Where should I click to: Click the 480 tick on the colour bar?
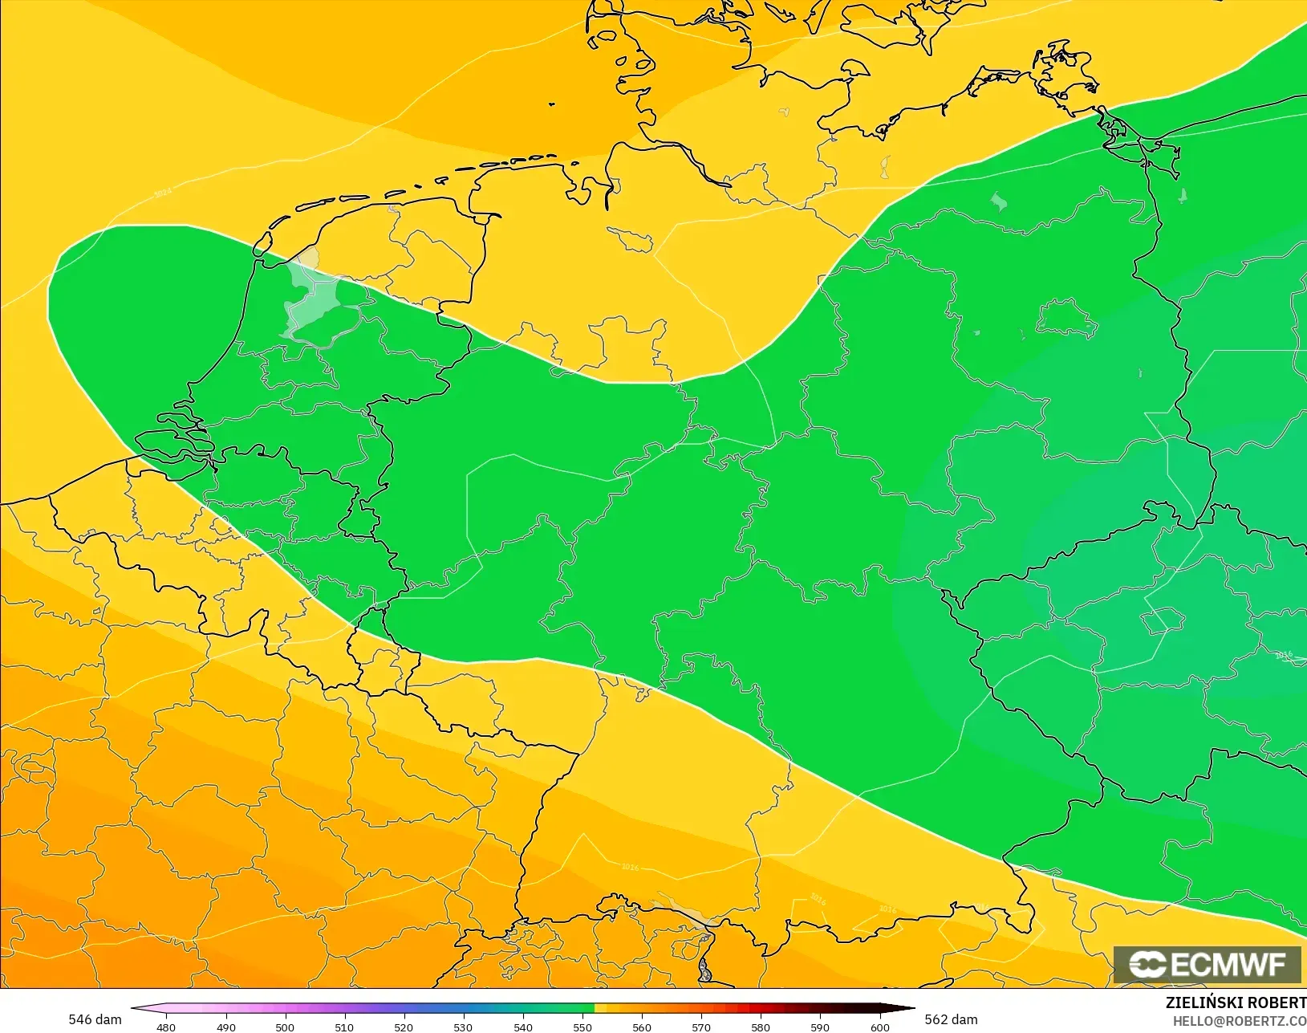(166, 1027)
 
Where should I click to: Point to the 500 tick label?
(285, 1027)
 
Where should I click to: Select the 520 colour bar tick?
(404, 1027)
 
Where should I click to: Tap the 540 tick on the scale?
(523, 1027)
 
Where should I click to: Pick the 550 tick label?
(582, 1027)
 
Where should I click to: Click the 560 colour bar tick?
(642, 1027)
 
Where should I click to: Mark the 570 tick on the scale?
(701, 1027)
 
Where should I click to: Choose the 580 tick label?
(761, 1027)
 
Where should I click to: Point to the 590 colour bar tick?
(820, 1027)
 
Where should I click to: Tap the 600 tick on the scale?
(880, 1027)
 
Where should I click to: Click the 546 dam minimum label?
(95, 1019)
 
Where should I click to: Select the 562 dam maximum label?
(951, 1019)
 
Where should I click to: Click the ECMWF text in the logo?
(1228, 965)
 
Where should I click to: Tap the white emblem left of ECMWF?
(1147, 965)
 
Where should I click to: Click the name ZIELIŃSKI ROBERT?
(1236, 1002)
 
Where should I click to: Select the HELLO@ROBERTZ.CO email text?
(1240, 1021)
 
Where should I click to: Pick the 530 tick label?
(463, 1027)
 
